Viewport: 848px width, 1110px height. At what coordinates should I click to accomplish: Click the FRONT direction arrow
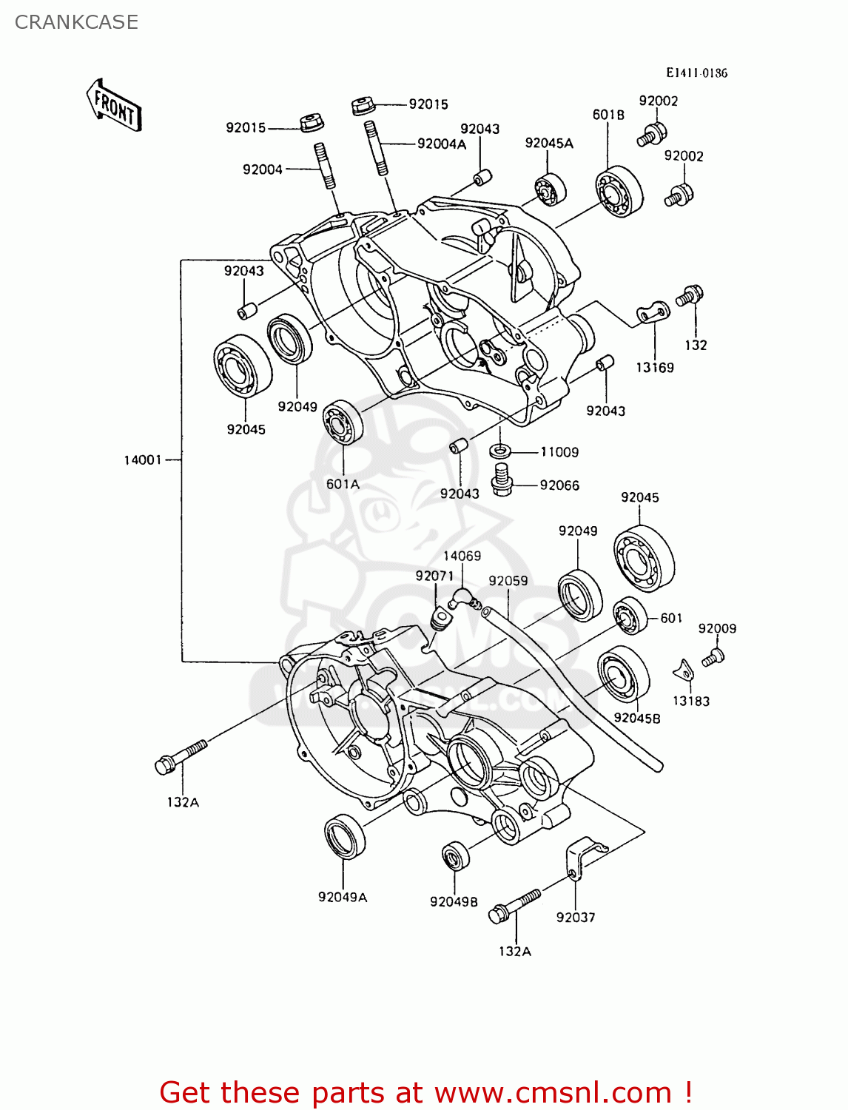tap(114, 106)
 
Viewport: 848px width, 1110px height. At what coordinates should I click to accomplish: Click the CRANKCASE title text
tap(76, 22)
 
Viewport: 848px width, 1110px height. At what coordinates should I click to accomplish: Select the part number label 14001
tap(142, 460)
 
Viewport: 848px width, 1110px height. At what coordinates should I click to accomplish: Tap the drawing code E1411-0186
tap(696, 73)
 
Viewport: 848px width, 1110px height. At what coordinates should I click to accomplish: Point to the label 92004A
tap(441, 144)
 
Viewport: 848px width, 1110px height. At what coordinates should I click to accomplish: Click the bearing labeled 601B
tap(619, 192)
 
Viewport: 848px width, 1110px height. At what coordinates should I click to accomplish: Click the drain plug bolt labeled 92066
tap(502, 480)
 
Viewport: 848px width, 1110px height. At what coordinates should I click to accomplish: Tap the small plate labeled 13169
tap(653, 314)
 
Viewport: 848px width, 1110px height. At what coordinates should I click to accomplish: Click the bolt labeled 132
tap(689, 296)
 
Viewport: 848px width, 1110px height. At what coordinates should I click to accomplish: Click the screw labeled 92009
tap(713, 656)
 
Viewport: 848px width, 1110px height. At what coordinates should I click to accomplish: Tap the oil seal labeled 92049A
tap(345, 836)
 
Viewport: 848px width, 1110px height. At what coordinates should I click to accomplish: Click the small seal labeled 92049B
tap(455, 856)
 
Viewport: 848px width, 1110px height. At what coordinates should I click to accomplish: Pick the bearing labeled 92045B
tap(623, 675)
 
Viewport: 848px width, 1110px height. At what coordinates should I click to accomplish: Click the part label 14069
tap(462, 556)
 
